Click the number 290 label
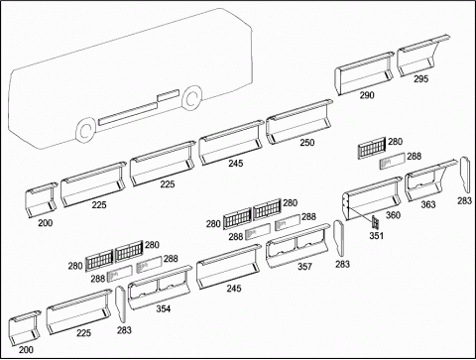[367, 95]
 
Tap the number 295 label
[420, 79]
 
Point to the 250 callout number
[307, 143]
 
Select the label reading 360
[393, 215]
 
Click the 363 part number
[428, 204]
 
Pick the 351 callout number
[376, 236]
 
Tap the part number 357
[304, 267]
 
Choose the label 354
[164, 308]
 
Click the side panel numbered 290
[364, 73]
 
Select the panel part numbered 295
[421, 56]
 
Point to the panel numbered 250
[299, 121]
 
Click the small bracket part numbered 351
[375, 222]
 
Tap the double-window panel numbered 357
[298, 245]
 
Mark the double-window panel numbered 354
[160, 287]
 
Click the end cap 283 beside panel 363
[465, 175]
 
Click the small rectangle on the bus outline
[169, 95]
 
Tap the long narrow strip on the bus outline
[128, 113]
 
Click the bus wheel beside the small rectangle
[191, 97]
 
